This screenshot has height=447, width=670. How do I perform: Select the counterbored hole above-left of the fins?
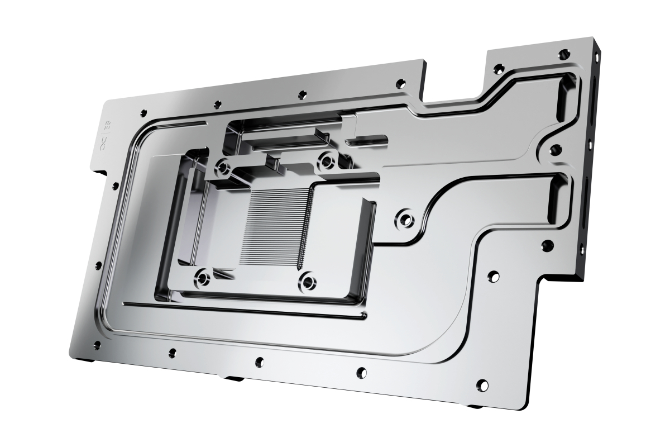pyautogui.click(x=224, y=167)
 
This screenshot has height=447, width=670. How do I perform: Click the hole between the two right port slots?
pyautogui.click(x=556, y=150)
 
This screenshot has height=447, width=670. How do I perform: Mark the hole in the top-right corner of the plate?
pyautogui.click(x=564, y=55)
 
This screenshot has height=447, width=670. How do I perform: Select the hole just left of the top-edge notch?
pyautogui.click(x=400, y=83)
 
